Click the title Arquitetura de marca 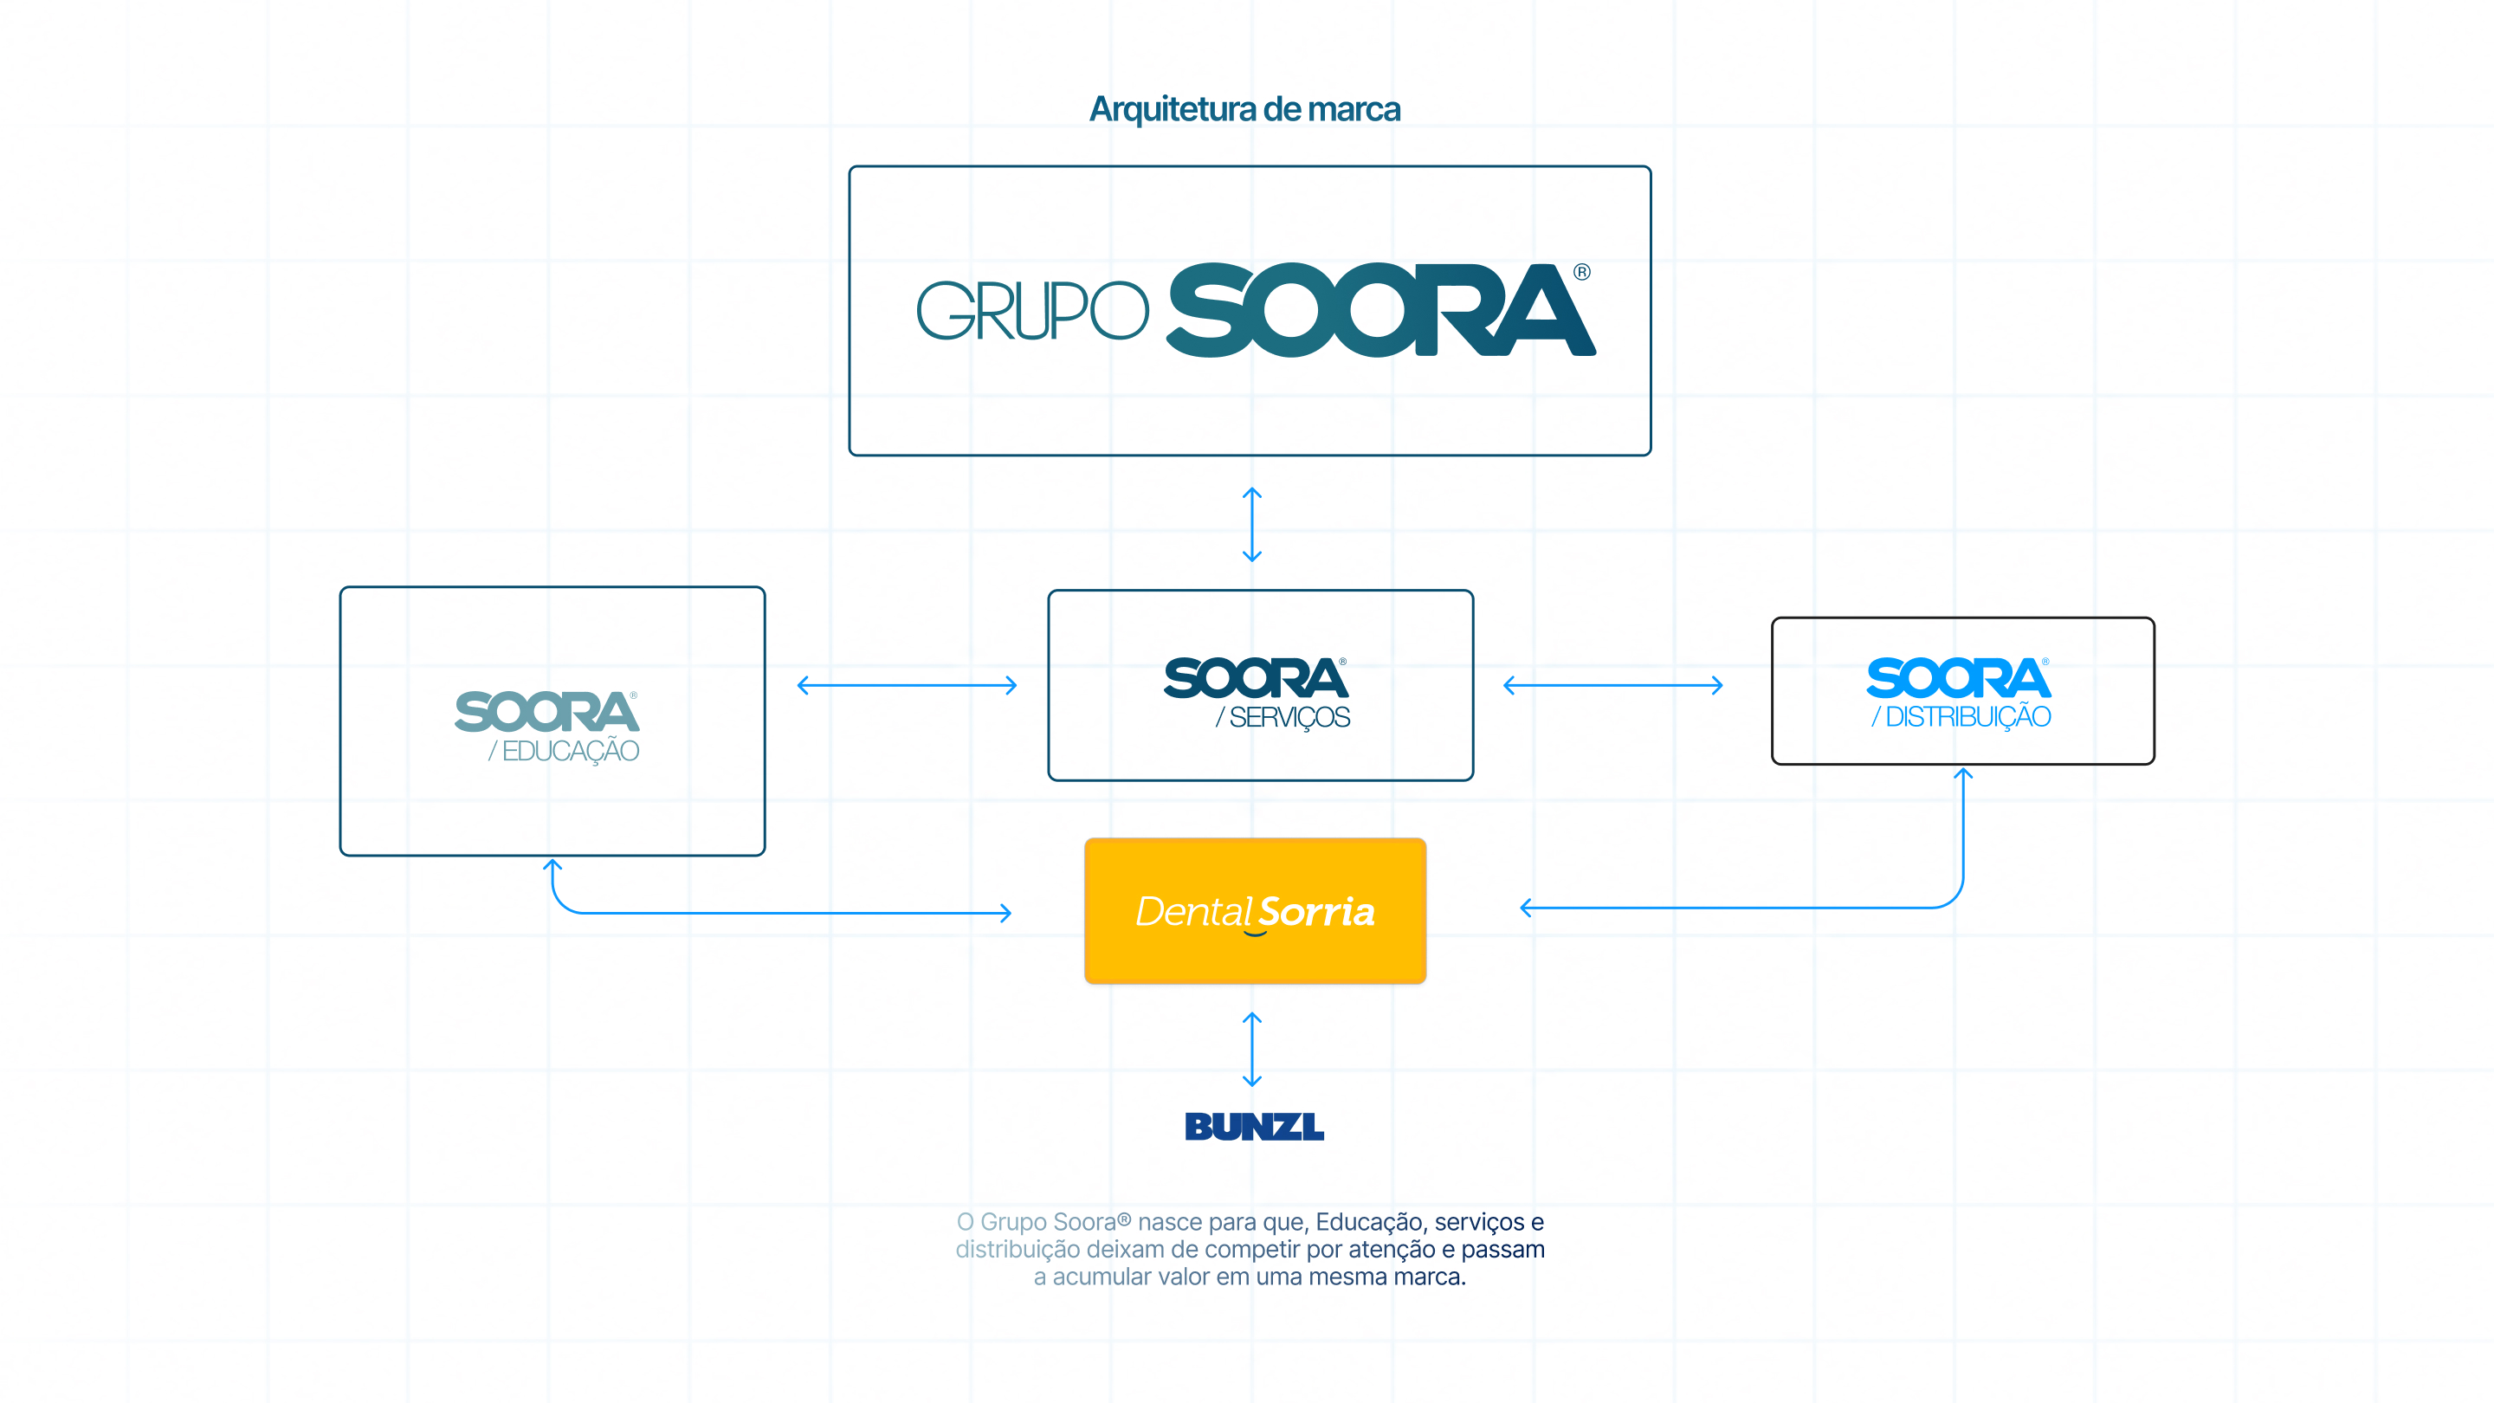pos(1245,109)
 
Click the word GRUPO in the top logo pos(1032,311)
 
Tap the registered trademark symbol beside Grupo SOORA pos(1581,272)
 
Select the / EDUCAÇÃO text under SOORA pos(564,752)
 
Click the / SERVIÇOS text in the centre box pos(1283,717)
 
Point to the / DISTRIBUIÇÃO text pos(1961,717)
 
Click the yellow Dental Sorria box pos(1255,911)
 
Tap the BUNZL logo pos(1255,1126)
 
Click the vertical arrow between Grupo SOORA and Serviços pos(1252,525)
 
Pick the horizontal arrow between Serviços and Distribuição pos(1613,686)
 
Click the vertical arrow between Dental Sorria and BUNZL pos(1252,1050)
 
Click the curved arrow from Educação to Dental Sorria pos(736,912)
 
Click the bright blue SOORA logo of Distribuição pos(1959,678)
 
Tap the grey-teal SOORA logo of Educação pos(547,712)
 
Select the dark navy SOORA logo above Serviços pos(1256,678)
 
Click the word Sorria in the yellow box pos(1316,912)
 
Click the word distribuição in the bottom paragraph pos(1017,1249)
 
